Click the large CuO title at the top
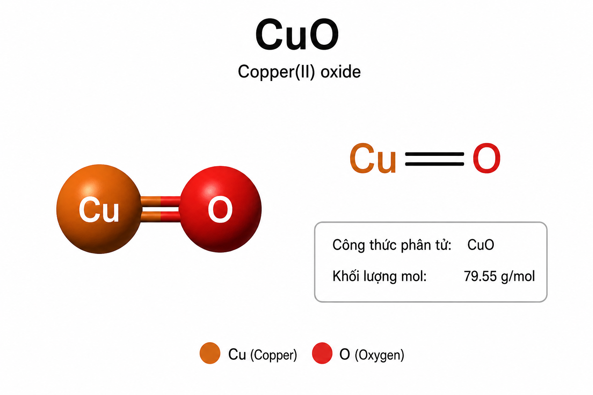(297, 34)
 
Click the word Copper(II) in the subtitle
(276, 72)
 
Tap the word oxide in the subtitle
(341, 71)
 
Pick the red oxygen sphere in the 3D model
(220, 209)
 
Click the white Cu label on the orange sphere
(99, 210)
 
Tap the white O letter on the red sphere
(220, 210)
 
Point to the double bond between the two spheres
(161, 209)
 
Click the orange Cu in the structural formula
(373, 158)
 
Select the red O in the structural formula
(486, 158)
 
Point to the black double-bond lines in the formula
(434, 159)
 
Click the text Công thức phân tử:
(392, 245)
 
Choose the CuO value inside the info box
(481, 245)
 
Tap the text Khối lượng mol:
(380, 276)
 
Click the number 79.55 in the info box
(480, 276)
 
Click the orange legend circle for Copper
(210, 353)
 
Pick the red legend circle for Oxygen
(322, 353)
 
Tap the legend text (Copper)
(274, 355)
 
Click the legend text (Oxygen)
(380, 355)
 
